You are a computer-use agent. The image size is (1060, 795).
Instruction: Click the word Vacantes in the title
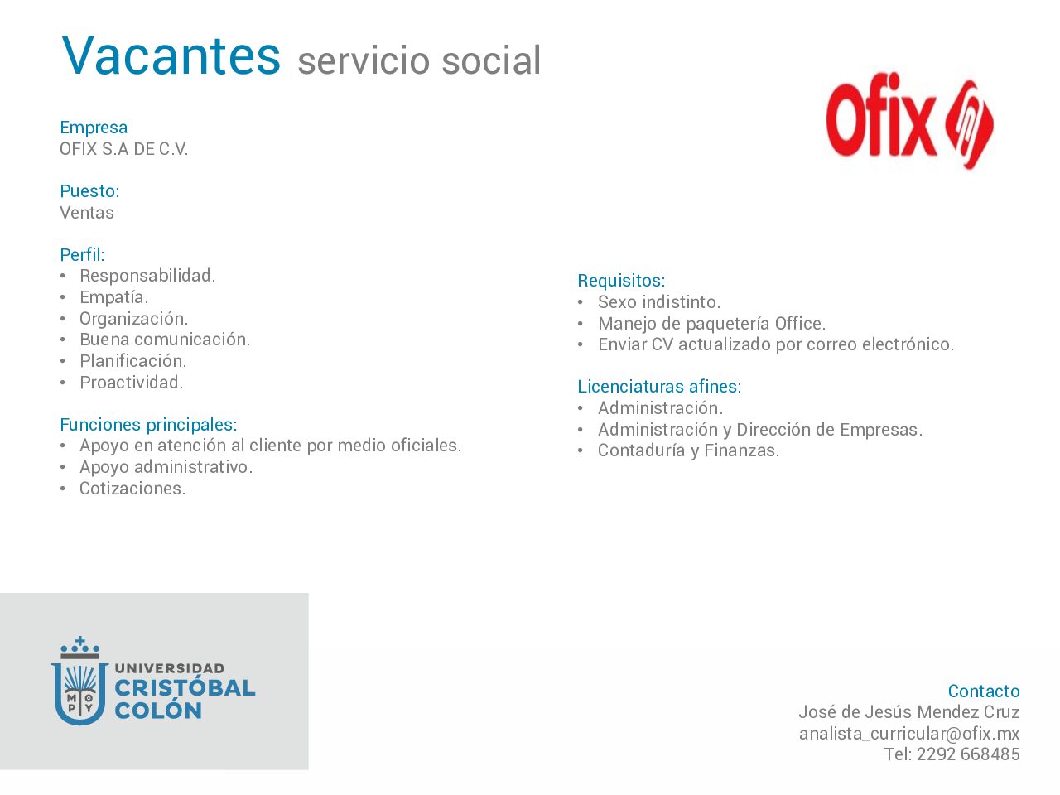pyautogui.click(x=171, y=55)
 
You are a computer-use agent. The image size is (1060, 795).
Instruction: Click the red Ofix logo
pyautogui.click(x=910, y=121)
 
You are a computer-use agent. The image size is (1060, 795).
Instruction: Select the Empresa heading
pyautogui.click(x=94, y=128)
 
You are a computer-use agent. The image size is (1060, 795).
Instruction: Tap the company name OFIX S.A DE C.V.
pyautogui.click(x=123, y=149)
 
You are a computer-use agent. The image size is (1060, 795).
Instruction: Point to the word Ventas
pyautogui.click(x=87, y=212)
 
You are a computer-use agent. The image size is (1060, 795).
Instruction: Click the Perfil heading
pyautogui.click(x=82, y=254)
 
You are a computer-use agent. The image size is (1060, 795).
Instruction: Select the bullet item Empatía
pyautogui.click(x=114, y=297)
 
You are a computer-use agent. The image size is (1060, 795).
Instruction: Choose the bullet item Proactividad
pyautogui.click(x=132, y=383)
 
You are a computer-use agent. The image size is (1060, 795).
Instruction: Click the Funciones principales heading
pyautogui.click(x=149, y=425)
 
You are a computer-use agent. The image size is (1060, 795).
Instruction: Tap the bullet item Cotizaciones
pyautogui.click(x=132, y=489)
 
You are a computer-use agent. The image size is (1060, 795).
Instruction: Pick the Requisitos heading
pyautogui.click(x=622, y=281)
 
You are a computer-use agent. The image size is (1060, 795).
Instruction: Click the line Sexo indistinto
pyautogui.click(x=659, y=302)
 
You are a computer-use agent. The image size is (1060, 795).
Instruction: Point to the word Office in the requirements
pyautogui.click(x=800, y=324)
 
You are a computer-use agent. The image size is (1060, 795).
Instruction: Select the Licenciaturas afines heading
pyautogui.click(x=660, y=386)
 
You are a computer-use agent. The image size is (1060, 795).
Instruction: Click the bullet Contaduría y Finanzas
pyautogui.click(x=689, y=450)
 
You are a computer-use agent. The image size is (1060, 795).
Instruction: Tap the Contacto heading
pyautogui.click(x=984, y=691)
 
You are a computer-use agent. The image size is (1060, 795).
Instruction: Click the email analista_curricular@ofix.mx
pyautogui.click(x=909, y=734)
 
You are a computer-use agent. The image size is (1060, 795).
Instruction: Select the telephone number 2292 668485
pyautogui.click(x=968, y=754)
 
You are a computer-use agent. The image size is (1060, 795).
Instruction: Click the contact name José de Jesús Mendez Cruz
pyautogui.click(x=909, y=712)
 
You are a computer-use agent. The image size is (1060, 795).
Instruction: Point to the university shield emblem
pyautogui.click(x=79, y=681)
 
